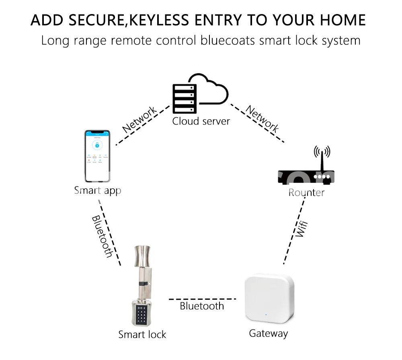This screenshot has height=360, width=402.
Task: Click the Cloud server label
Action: [x=201, y=121]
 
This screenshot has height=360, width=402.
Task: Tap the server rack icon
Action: [x=185, y=98]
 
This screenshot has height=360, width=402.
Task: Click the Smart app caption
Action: [x=98, y=190]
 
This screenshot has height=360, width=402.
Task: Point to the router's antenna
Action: [x=322, y=159]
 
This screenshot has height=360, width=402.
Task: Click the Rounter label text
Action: [x=306, y=193]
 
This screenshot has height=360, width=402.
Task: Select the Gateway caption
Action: [x=268, y=333]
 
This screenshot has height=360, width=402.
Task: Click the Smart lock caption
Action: [x=142, y=334]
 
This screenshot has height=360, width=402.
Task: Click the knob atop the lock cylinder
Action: [x=143, y=257]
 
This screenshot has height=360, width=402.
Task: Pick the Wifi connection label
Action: [x=300, y=229]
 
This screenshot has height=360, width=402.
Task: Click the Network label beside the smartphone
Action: [x=139, y=120]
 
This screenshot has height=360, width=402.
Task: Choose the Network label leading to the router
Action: [x=262, y=119]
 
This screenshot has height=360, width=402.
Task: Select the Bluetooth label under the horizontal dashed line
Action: [x=201, y=307]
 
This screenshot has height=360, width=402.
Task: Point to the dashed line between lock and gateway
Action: [x=203, y=299]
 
